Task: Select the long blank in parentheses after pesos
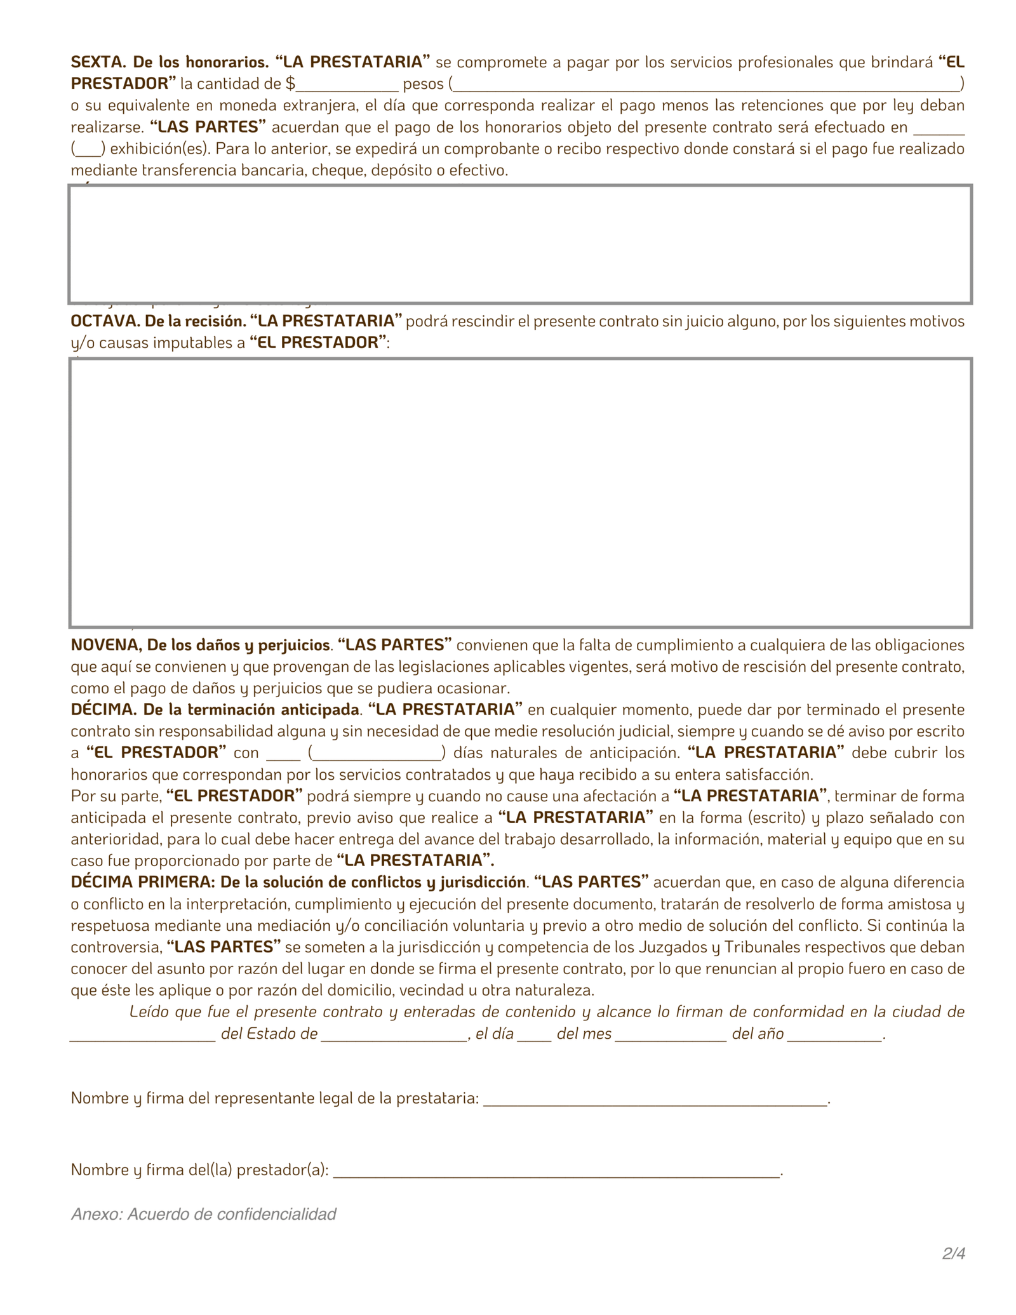click(707, 84)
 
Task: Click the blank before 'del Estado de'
click(143, 1034)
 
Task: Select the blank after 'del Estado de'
click(394, 1034)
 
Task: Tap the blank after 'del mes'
click(671, 1034)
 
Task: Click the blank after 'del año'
click(834, 1034)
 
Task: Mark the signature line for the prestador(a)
click(556, 1170)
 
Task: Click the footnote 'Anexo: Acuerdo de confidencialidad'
click(203, 1214)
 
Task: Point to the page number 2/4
click(953, 1254)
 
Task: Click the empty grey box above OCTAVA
click(520, 244)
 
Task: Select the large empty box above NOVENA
click(520, 493)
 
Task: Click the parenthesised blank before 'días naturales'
click(377, 753)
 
